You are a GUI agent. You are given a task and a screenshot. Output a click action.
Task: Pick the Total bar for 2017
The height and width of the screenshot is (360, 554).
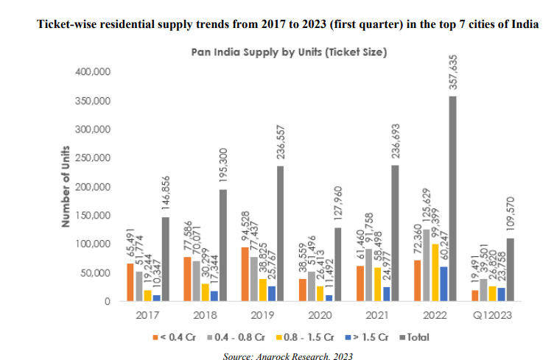click(x=166, y=259)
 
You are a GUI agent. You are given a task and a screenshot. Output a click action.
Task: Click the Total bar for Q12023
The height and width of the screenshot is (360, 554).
click(x=511, y=269)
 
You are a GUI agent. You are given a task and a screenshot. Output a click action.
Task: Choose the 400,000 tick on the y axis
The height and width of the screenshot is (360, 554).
click(x=93, y=72)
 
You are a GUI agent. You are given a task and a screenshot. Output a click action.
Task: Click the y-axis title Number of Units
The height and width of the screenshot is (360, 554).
click(x=66, y=187)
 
